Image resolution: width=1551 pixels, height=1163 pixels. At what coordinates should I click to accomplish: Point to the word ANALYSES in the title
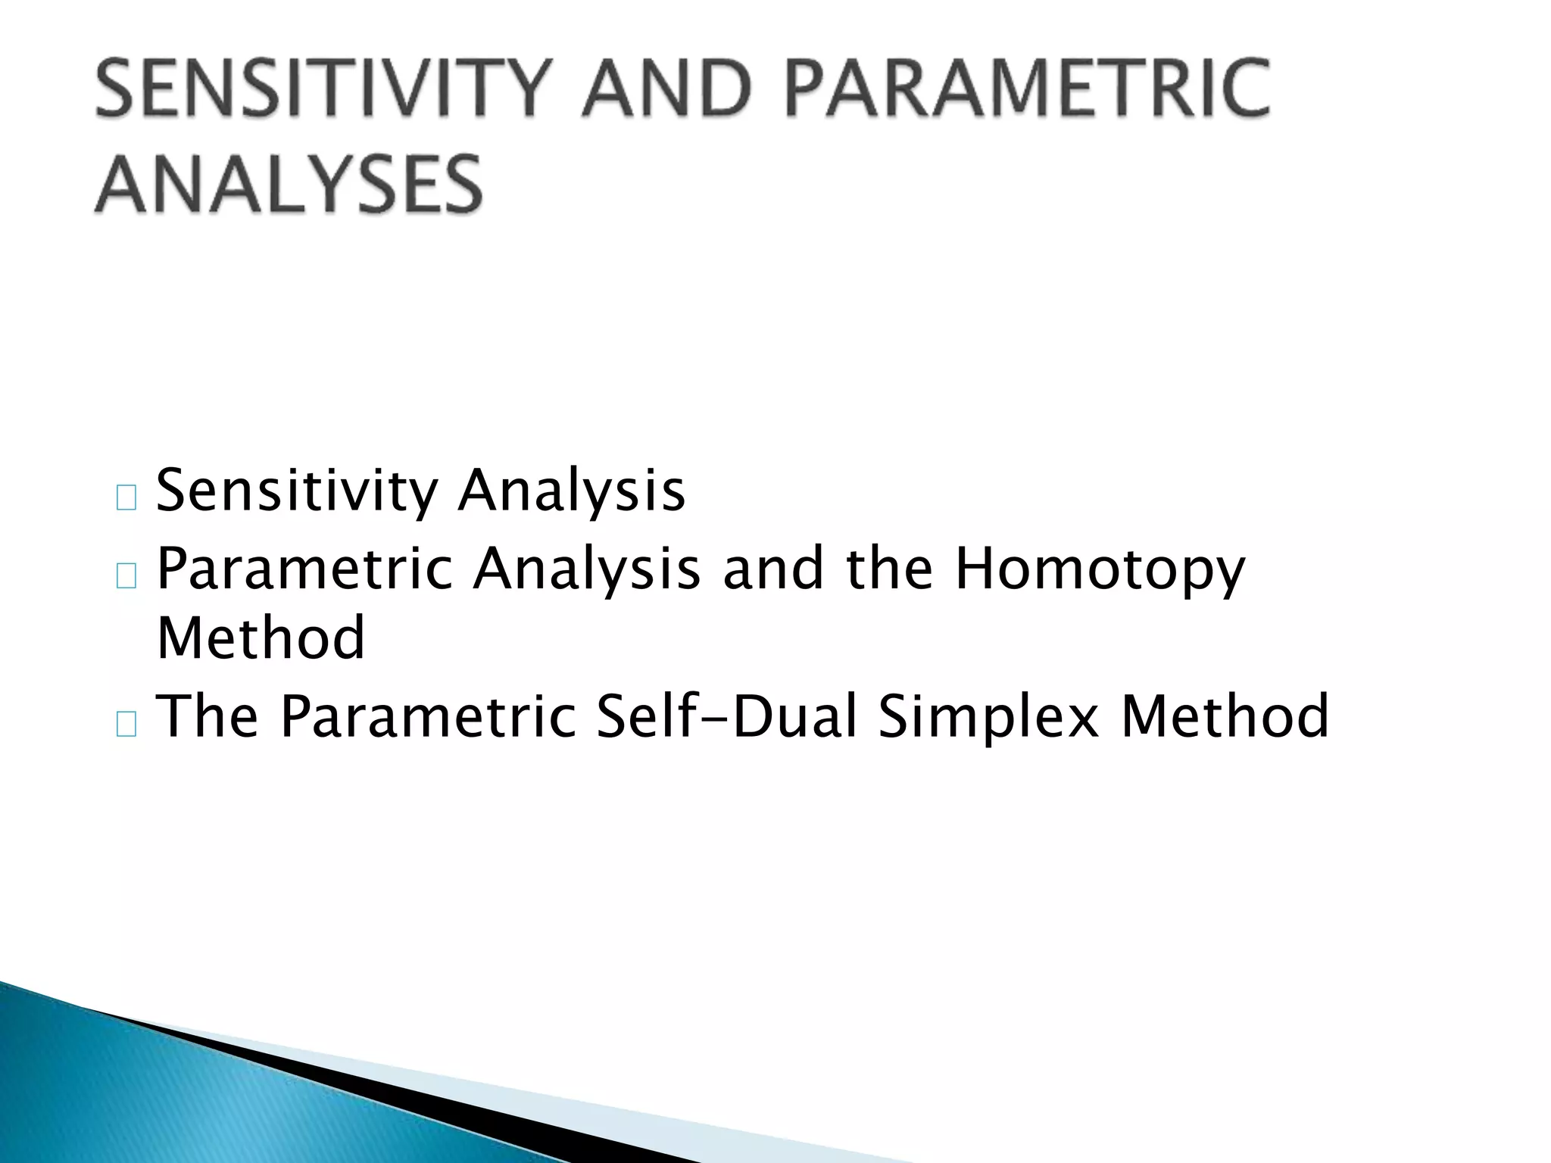[289, 184]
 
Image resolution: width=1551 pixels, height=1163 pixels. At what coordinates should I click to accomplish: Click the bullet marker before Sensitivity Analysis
[126, 498]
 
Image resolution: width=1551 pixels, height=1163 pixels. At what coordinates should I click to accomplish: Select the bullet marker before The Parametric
[126, 724]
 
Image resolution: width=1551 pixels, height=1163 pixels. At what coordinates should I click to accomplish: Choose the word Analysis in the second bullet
[587, 569]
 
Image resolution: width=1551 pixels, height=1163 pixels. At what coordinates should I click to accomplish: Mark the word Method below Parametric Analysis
[261, 638]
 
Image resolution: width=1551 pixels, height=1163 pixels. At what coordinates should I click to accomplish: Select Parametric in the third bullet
[429, 717]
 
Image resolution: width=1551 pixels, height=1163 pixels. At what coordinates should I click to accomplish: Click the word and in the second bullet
[772, 569]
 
